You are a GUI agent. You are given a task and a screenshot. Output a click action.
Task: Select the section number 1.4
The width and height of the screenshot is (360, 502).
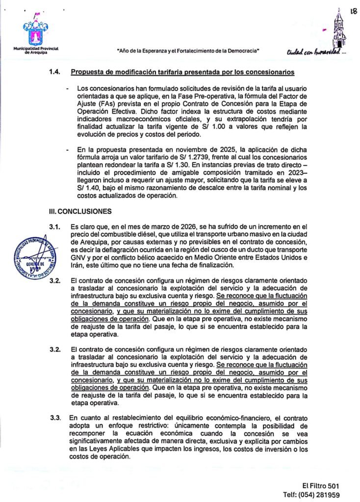54,73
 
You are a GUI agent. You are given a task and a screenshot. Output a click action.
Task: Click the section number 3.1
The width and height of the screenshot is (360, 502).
54,226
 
